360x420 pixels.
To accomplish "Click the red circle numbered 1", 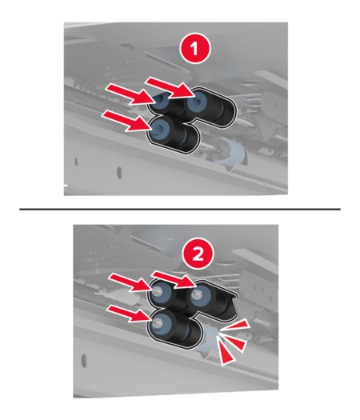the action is point(195,50).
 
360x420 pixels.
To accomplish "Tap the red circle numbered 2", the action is point(198,254).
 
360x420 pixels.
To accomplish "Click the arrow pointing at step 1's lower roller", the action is point(126,122).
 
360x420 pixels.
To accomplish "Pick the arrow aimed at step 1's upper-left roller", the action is point(130,94).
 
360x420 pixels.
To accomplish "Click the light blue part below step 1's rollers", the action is point(230,153).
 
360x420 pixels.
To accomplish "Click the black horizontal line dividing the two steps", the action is point(180,209).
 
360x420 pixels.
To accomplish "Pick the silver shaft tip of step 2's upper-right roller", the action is point(197,294).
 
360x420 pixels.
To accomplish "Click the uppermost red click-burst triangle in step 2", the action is point(237,325).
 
